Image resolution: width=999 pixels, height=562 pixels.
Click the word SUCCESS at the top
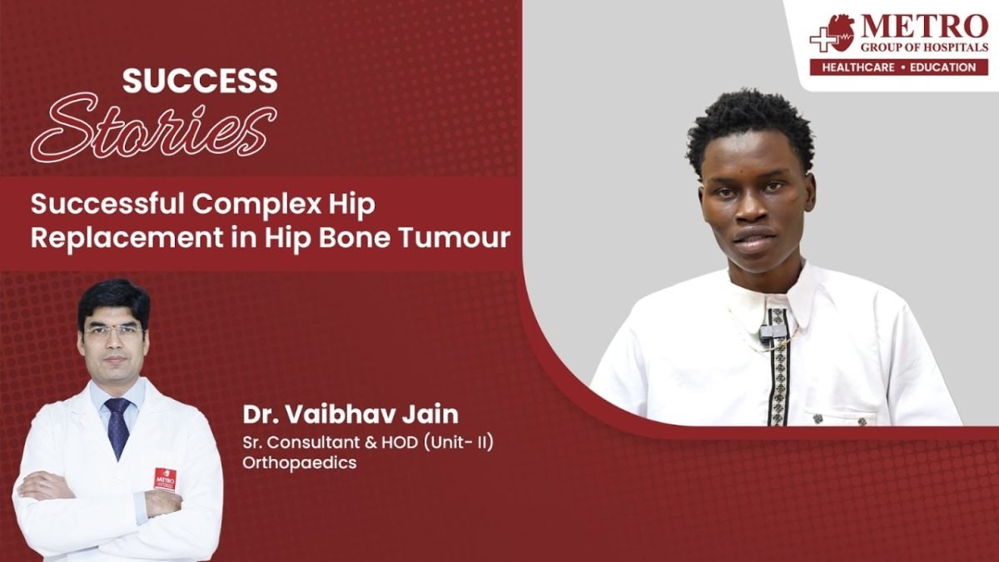(x=200, y=81)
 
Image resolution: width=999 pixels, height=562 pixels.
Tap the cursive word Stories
(x=153, y=128)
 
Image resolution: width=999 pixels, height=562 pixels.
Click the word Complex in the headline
(x=256, y=205)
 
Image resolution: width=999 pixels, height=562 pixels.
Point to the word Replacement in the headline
(x=127, y=238)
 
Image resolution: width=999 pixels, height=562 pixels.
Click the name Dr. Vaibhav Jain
(x=350, y=415)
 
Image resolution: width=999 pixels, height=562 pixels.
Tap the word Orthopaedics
(x=299, y=463)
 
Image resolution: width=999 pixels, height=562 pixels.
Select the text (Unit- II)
(x=460, y=442)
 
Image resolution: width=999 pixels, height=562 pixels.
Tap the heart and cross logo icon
(x=832, y=33)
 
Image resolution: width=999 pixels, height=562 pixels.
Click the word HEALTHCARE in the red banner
(x=858, y=67)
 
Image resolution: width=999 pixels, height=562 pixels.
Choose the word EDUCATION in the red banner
(x=942, y=67)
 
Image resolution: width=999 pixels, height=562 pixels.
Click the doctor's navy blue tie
(x=117, y=427)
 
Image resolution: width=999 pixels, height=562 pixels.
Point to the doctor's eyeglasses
(x=113, y=331)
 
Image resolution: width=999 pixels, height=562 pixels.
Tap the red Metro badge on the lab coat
(x=165, y=480)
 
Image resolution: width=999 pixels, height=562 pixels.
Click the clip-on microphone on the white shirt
(x=768, y=331)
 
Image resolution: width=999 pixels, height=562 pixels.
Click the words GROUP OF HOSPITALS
(x=924, y=47)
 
